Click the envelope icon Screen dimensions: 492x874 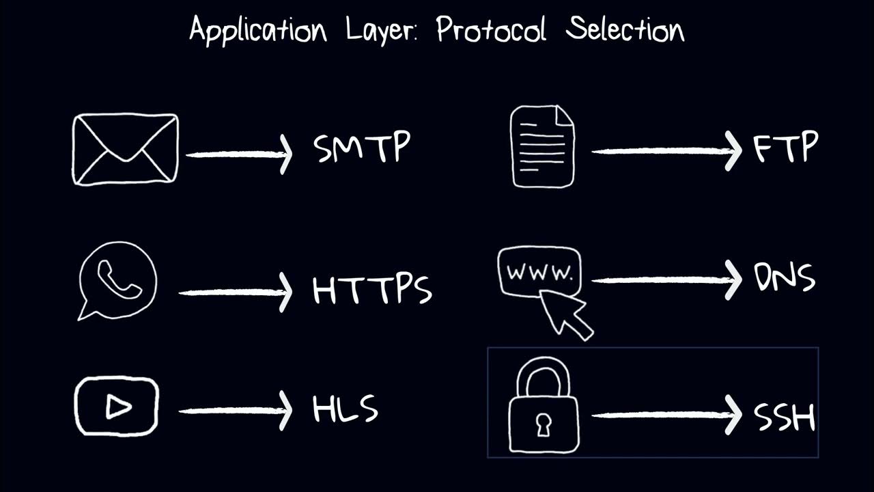[x=125, y=150]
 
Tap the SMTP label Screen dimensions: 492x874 [x=362, y=148]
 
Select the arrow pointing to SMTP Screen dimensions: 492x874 [x=239, y=154]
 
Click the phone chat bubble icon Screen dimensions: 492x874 [x=117, y=279]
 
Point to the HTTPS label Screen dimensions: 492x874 [x=372, y=290]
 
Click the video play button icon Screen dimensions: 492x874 [x=117, y=407]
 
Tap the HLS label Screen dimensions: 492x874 [x=345, y=409]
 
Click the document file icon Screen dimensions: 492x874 [x=544, y=146]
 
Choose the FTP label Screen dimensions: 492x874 [x=785, y=148]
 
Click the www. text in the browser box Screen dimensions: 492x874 [x=539, y=273]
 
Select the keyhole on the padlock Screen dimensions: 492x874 [x=544, y=424]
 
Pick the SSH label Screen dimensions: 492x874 [x=785, y=416]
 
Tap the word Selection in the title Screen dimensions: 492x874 [x=625, y=29]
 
